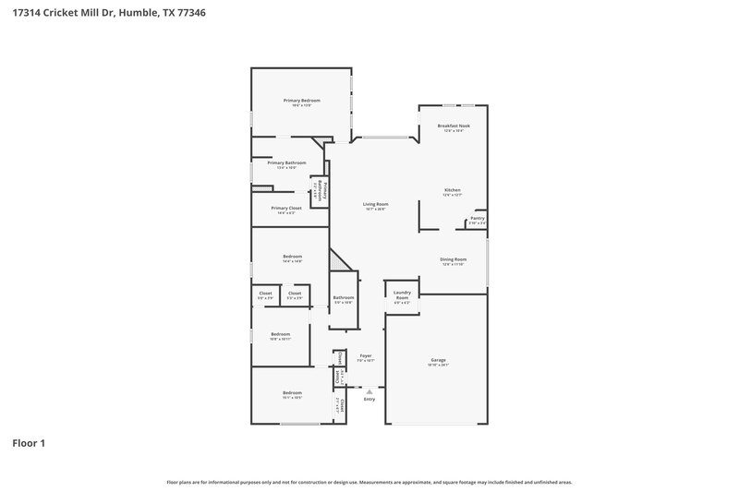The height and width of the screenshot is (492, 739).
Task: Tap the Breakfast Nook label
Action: tap(453, 126)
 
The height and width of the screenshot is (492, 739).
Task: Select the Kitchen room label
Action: tap(452, 190)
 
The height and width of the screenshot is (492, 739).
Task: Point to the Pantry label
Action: tap(477, 219)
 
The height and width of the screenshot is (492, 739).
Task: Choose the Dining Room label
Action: tap(453, 259)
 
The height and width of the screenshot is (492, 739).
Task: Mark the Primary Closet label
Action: tap(286, 209)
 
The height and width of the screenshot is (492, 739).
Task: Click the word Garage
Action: tap(439, 360)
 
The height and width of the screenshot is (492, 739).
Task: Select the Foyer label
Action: tap(366, 355)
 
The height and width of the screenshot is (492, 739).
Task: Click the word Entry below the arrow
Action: tap(369, 399)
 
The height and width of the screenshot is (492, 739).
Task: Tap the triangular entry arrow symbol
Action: tap(369, 391)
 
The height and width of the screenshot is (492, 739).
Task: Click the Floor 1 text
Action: tap(29, 443)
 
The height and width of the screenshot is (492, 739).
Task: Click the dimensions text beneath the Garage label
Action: tap(439, 366)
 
